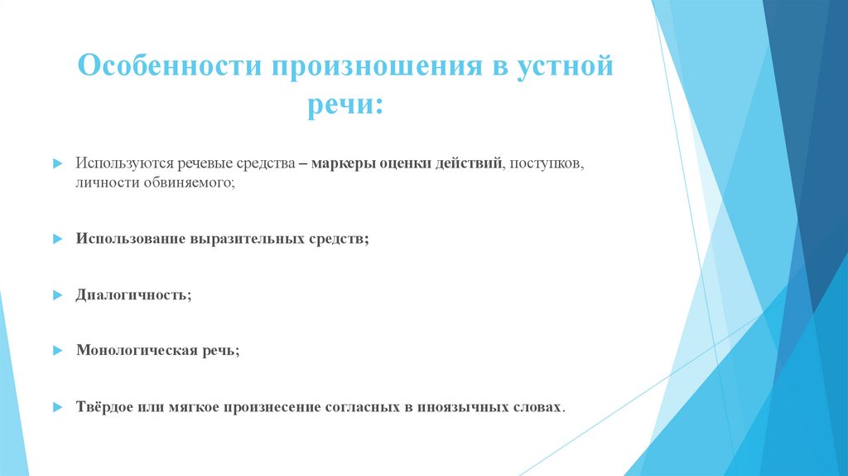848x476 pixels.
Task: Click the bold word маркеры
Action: click(344, 164)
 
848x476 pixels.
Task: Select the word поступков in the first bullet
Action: click(547, 164)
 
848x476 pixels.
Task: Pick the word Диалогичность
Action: click(132, 294)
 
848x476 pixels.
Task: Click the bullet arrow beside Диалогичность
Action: click(57, 295)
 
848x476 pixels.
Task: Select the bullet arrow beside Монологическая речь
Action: click(57, 352)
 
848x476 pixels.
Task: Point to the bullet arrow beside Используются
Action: click(57, 165)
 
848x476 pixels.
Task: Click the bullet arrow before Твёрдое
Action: click(57, 408)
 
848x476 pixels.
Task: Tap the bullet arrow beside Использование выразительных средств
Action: click(57, 240)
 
